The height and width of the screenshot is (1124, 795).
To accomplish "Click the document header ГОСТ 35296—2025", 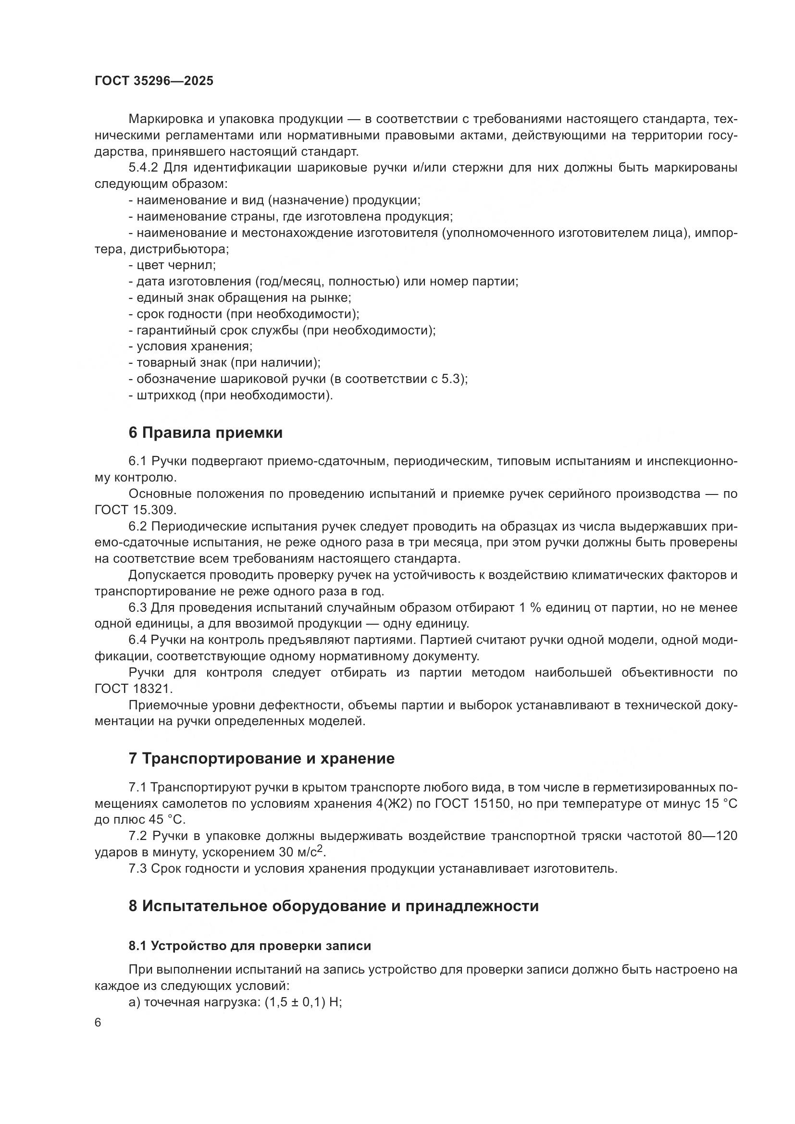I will click(154, 81).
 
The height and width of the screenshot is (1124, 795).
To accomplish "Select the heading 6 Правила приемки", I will click(206, 433).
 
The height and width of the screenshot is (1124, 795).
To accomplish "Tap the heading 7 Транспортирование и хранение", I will click(261, 758).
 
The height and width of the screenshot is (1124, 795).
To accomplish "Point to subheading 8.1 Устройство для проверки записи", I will click(249, 946).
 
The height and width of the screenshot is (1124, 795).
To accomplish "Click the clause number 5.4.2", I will click(143, 168).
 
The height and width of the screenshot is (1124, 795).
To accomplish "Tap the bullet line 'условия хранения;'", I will click(190, 346).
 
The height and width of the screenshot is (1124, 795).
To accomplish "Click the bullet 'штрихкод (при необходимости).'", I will click(231, 395).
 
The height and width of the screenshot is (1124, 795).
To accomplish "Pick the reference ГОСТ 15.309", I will click(135, 510).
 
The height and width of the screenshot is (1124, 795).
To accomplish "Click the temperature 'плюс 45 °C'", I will click(148, 819).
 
